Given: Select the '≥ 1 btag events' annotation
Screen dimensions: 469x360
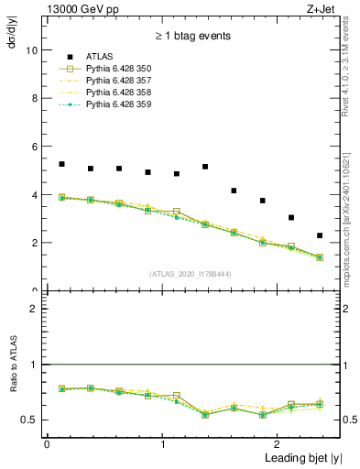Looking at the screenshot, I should [191, 36].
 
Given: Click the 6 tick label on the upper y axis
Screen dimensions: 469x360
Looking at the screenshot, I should [36, 147].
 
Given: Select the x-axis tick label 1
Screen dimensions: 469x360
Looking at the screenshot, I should [162, 443].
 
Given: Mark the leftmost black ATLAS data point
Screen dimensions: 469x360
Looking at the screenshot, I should [61, 164].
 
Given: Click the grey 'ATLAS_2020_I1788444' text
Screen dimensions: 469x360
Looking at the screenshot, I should [190, 273].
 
